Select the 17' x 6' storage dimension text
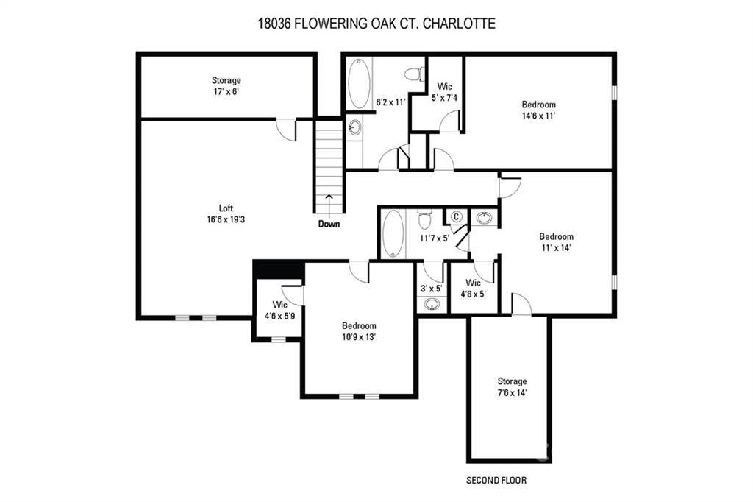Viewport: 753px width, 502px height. (x=226, y=91)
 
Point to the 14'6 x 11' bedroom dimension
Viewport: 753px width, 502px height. (x=539, y=116)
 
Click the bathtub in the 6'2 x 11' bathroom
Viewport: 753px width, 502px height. (x=359, y=84)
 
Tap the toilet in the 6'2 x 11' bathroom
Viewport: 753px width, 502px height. (x=414, y=74)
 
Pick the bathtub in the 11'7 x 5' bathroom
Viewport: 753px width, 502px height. (x=393, y=233)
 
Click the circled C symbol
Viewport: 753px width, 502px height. (x=456, y=217)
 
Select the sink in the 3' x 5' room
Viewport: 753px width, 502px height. (x=431, y=304)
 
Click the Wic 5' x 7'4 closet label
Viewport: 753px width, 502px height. (x=445, y=92)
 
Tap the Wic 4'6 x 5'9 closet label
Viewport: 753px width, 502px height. (x=280, y=310)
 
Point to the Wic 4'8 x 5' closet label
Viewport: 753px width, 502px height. (x=473, y=288)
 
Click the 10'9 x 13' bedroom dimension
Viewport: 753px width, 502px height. (x=359, y=337)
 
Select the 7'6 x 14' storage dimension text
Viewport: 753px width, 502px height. (x=512, y=392)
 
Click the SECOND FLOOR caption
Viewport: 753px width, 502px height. (x=496, y=480)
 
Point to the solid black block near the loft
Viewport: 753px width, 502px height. (x=279, y=269)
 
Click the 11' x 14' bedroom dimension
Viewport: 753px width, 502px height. (x=556, y=247)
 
